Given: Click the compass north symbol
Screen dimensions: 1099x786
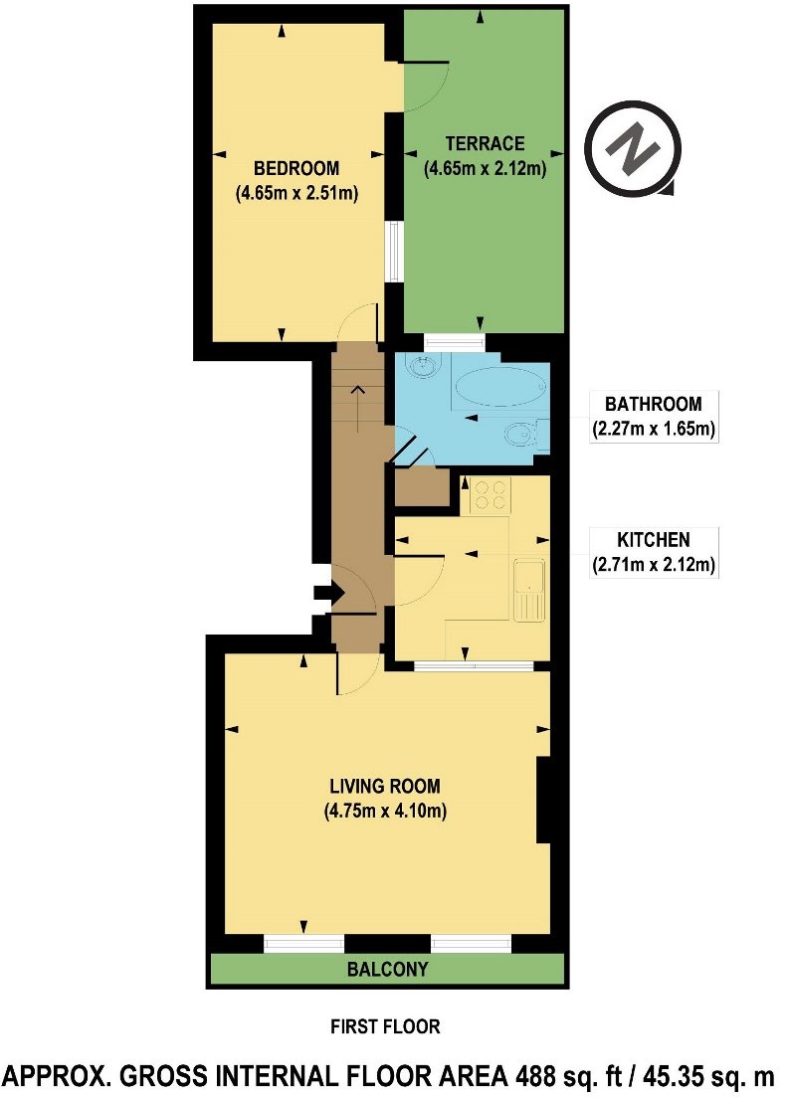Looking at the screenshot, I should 634,150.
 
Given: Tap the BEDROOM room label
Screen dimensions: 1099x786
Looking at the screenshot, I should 295,167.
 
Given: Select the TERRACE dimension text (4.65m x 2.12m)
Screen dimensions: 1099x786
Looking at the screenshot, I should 486,169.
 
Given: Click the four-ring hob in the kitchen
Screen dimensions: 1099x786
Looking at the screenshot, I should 488,494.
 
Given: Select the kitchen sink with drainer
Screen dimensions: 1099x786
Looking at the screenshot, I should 526,590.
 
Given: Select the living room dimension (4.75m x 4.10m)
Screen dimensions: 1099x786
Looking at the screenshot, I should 384,811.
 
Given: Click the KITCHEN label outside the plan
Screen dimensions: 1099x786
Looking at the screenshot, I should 653,541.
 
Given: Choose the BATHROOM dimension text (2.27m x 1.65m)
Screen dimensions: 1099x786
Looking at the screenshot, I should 653,430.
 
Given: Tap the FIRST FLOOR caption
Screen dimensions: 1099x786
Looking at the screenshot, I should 385,1026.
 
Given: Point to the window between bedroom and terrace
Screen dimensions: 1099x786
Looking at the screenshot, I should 394,251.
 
